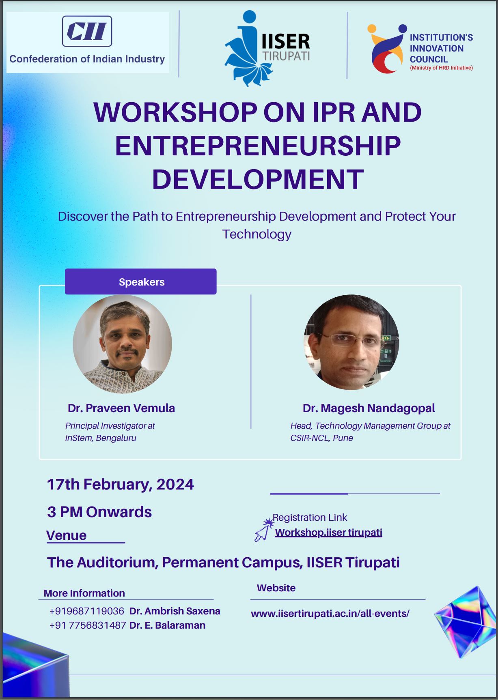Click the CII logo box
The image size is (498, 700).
(x=87, y=31)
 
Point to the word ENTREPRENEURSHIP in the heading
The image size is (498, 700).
(x=258, y=146)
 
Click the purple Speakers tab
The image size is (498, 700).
(x=141, y=281)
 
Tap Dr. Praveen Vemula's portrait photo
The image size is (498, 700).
(x=123, y=344)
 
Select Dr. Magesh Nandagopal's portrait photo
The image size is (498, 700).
(x=351, y=342)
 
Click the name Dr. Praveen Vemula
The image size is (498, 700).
(x=121, y=408)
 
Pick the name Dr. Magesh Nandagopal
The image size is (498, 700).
(x=369, y=408)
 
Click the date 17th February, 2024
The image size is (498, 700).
(x=121, y=485)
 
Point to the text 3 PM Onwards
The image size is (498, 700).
(x=99, y=512)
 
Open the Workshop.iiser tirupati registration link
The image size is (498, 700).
(x=329, y=532)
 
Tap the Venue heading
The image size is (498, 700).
(x=67, y=535)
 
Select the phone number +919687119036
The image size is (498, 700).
(x=87, y=611)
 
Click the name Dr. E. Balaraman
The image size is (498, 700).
(x=167, y=625)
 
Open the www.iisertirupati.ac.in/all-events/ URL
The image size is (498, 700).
(x=330, y=614)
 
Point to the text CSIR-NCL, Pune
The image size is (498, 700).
(x=321, y=438)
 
